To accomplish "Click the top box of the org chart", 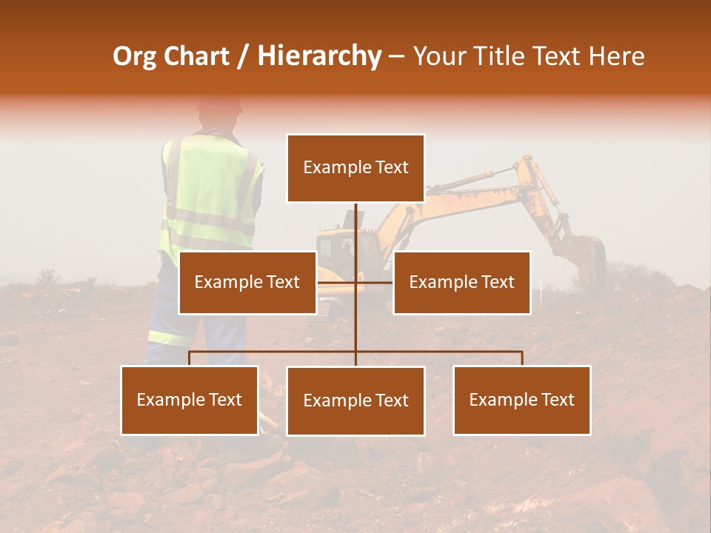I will [355, 168].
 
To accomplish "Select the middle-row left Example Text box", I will [247, 282].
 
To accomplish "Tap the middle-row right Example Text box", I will [461, 282].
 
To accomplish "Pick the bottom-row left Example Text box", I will [190, 400].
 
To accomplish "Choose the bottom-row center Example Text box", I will [355, 400].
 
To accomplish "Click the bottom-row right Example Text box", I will [522, 400].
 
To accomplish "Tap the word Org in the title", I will [134, 56].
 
